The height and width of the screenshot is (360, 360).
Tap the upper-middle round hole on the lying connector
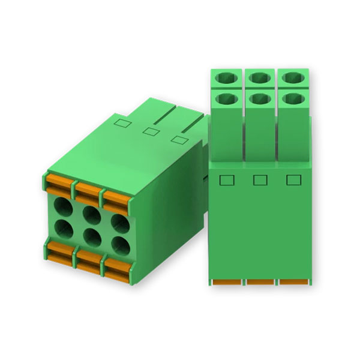click(x=91, y=214)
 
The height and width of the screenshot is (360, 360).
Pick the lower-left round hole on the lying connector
click(x=62, y=229)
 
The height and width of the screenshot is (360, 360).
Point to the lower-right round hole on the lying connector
click(x=119, y=244)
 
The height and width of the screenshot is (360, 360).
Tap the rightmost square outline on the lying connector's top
click(x=176, y=140)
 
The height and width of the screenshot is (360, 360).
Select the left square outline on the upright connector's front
click(x=226, y=179)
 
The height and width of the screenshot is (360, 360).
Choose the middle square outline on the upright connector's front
click(x=259, y=179)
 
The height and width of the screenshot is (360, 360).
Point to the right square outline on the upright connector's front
click(x=292, y=179)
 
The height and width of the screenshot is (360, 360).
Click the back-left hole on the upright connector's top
click(x=227, y=77)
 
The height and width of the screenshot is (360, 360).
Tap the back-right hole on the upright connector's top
click(x=292, y=77)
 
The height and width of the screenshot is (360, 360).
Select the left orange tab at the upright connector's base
click(x=226, y=281)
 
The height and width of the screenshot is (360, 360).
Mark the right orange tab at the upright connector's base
click(x=292, y=281)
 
